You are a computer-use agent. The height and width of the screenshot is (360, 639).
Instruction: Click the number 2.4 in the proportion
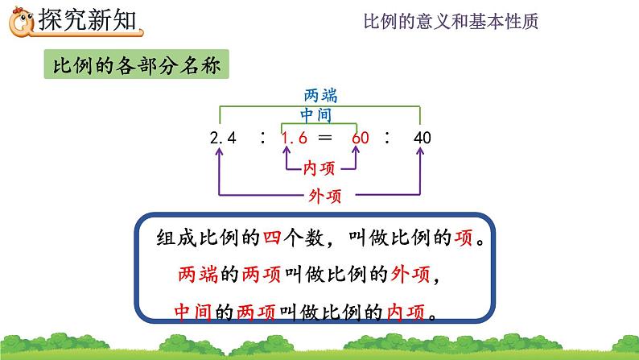coord(223,138)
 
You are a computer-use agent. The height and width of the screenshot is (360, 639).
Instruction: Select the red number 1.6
coord(294,138)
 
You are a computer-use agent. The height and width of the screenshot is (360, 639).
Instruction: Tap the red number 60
coord(361,138)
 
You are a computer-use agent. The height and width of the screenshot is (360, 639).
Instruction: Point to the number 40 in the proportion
coord(423,138)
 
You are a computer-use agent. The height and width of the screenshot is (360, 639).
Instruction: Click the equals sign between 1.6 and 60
coord(325,138)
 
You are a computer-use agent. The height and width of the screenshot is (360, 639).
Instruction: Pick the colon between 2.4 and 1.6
coord(262,138)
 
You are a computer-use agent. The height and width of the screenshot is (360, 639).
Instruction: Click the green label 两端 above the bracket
coord(321,93)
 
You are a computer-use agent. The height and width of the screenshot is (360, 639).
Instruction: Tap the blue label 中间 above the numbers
coord(316,115)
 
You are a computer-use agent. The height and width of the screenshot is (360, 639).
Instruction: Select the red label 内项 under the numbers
coord(319,168)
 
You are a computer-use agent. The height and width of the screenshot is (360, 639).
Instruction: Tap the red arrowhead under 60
coord(352,155)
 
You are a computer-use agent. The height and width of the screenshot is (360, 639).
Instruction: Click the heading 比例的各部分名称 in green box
coord(136,64)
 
